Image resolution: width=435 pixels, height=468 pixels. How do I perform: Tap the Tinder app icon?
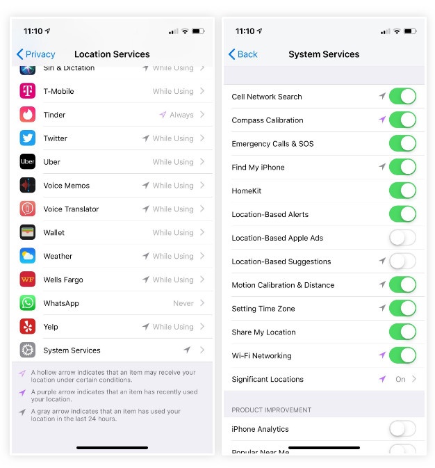(x=28, y=115)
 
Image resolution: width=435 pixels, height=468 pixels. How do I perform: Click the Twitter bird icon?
(x=28, y=138)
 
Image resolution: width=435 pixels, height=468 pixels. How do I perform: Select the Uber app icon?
(x=28, y=162)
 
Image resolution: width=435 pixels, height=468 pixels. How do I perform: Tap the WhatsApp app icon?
(x=28, y=303)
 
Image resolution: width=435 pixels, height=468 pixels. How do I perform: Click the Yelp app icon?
(x=28, y=327)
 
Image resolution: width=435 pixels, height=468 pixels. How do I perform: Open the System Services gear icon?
(x=28, y=350)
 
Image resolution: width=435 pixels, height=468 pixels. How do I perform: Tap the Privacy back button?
(x=35, y=54)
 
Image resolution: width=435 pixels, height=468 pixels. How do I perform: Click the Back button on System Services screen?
(x=243, y=54)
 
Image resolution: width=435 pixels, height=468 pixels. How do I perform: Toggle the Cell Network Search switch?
(x=402, y=97)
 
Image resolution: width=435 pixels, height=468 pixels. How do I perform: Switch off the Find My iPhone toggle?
(x=402, y=167)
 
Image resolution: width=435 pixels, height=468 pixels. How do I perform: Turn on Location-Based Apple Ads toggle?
(x=402, y=238)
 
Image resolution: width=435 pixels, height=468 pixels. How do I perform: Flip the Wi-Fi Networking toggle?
(x=402, y=355)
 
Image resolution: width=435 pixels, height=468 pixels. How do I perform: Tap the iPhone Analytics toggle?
(x=402, y=429)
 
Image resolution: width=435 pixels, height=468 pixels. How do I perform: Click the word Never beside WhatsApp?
(x=183, y=303)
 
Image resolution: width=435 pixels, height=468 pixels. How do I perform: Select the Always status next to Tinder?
(x=181, y=115)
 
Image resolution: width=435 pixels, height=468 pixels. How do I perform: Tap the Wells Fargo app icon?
(x=28, y=280)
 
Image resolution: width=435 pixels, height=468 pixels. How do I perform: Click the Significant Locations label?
(x=268, y=379)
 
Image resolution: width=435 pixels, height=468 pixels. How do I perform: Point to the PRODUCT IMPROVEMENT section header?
(x=271, y=410)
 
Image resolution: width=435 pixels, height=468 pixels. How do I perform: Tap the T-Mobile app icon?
(x=28, y=91)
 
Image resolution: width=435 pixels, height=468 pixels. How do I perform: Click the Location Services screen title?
(x=112, y=54)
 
